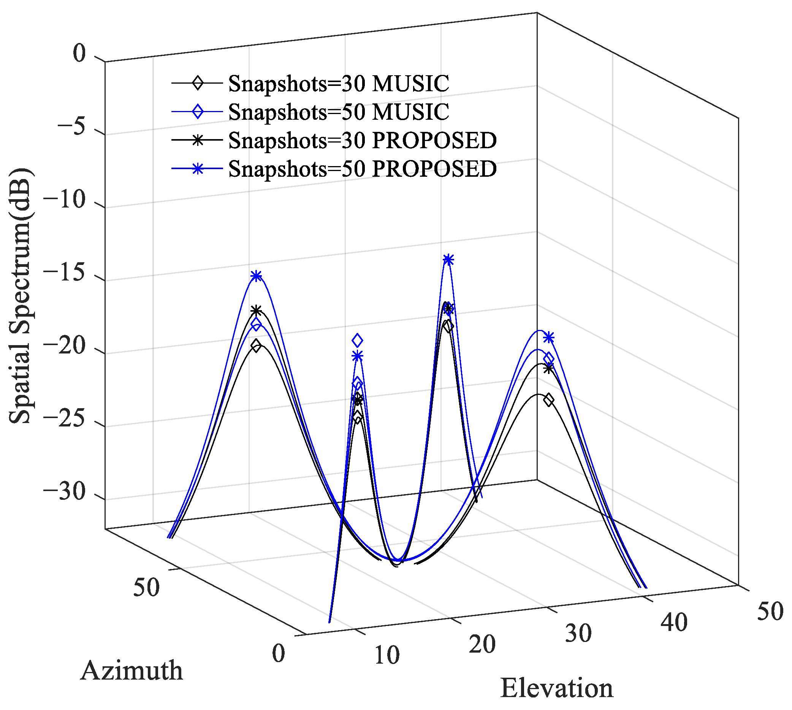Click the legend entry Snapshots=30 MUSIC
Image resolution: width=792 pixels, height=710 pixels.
coord(339,84)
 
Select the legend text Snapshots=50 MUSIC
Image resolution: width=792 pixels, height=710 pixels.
coord(339,112)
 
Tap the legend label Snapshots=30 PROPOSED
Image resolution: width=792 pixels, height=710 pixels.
coord(362,140)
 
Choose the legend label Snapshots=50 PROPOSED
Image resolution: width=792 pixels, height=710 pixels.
coord(362,169)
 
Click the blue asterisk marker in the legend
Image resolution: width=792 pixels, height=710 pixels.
coord(198,168)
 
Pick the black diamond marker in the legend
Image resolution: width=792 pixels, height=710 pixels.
coord(198,83)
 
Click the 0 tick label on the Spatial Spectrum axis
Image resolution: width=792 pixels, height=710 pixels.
coord(79,54)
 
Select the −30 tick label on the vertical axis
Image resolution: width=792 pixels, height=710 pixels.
coord(64,492)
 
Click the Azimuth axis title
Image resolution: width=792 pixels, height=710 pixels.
coord(132,670)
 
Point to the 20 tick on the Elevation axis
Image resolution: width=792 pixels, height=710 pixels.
coord(482,644)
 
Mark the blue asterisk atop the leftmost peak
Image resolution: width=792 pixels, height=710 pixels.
coord(256,276)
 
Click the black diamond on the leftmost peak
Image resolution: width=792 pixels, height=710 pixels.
coord(256,345)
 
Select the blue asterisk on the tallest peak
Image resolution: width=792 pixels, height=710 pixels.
coord(448,260)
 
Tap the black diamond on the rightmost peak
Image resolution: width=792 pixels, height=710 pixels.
coord(549,400)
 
